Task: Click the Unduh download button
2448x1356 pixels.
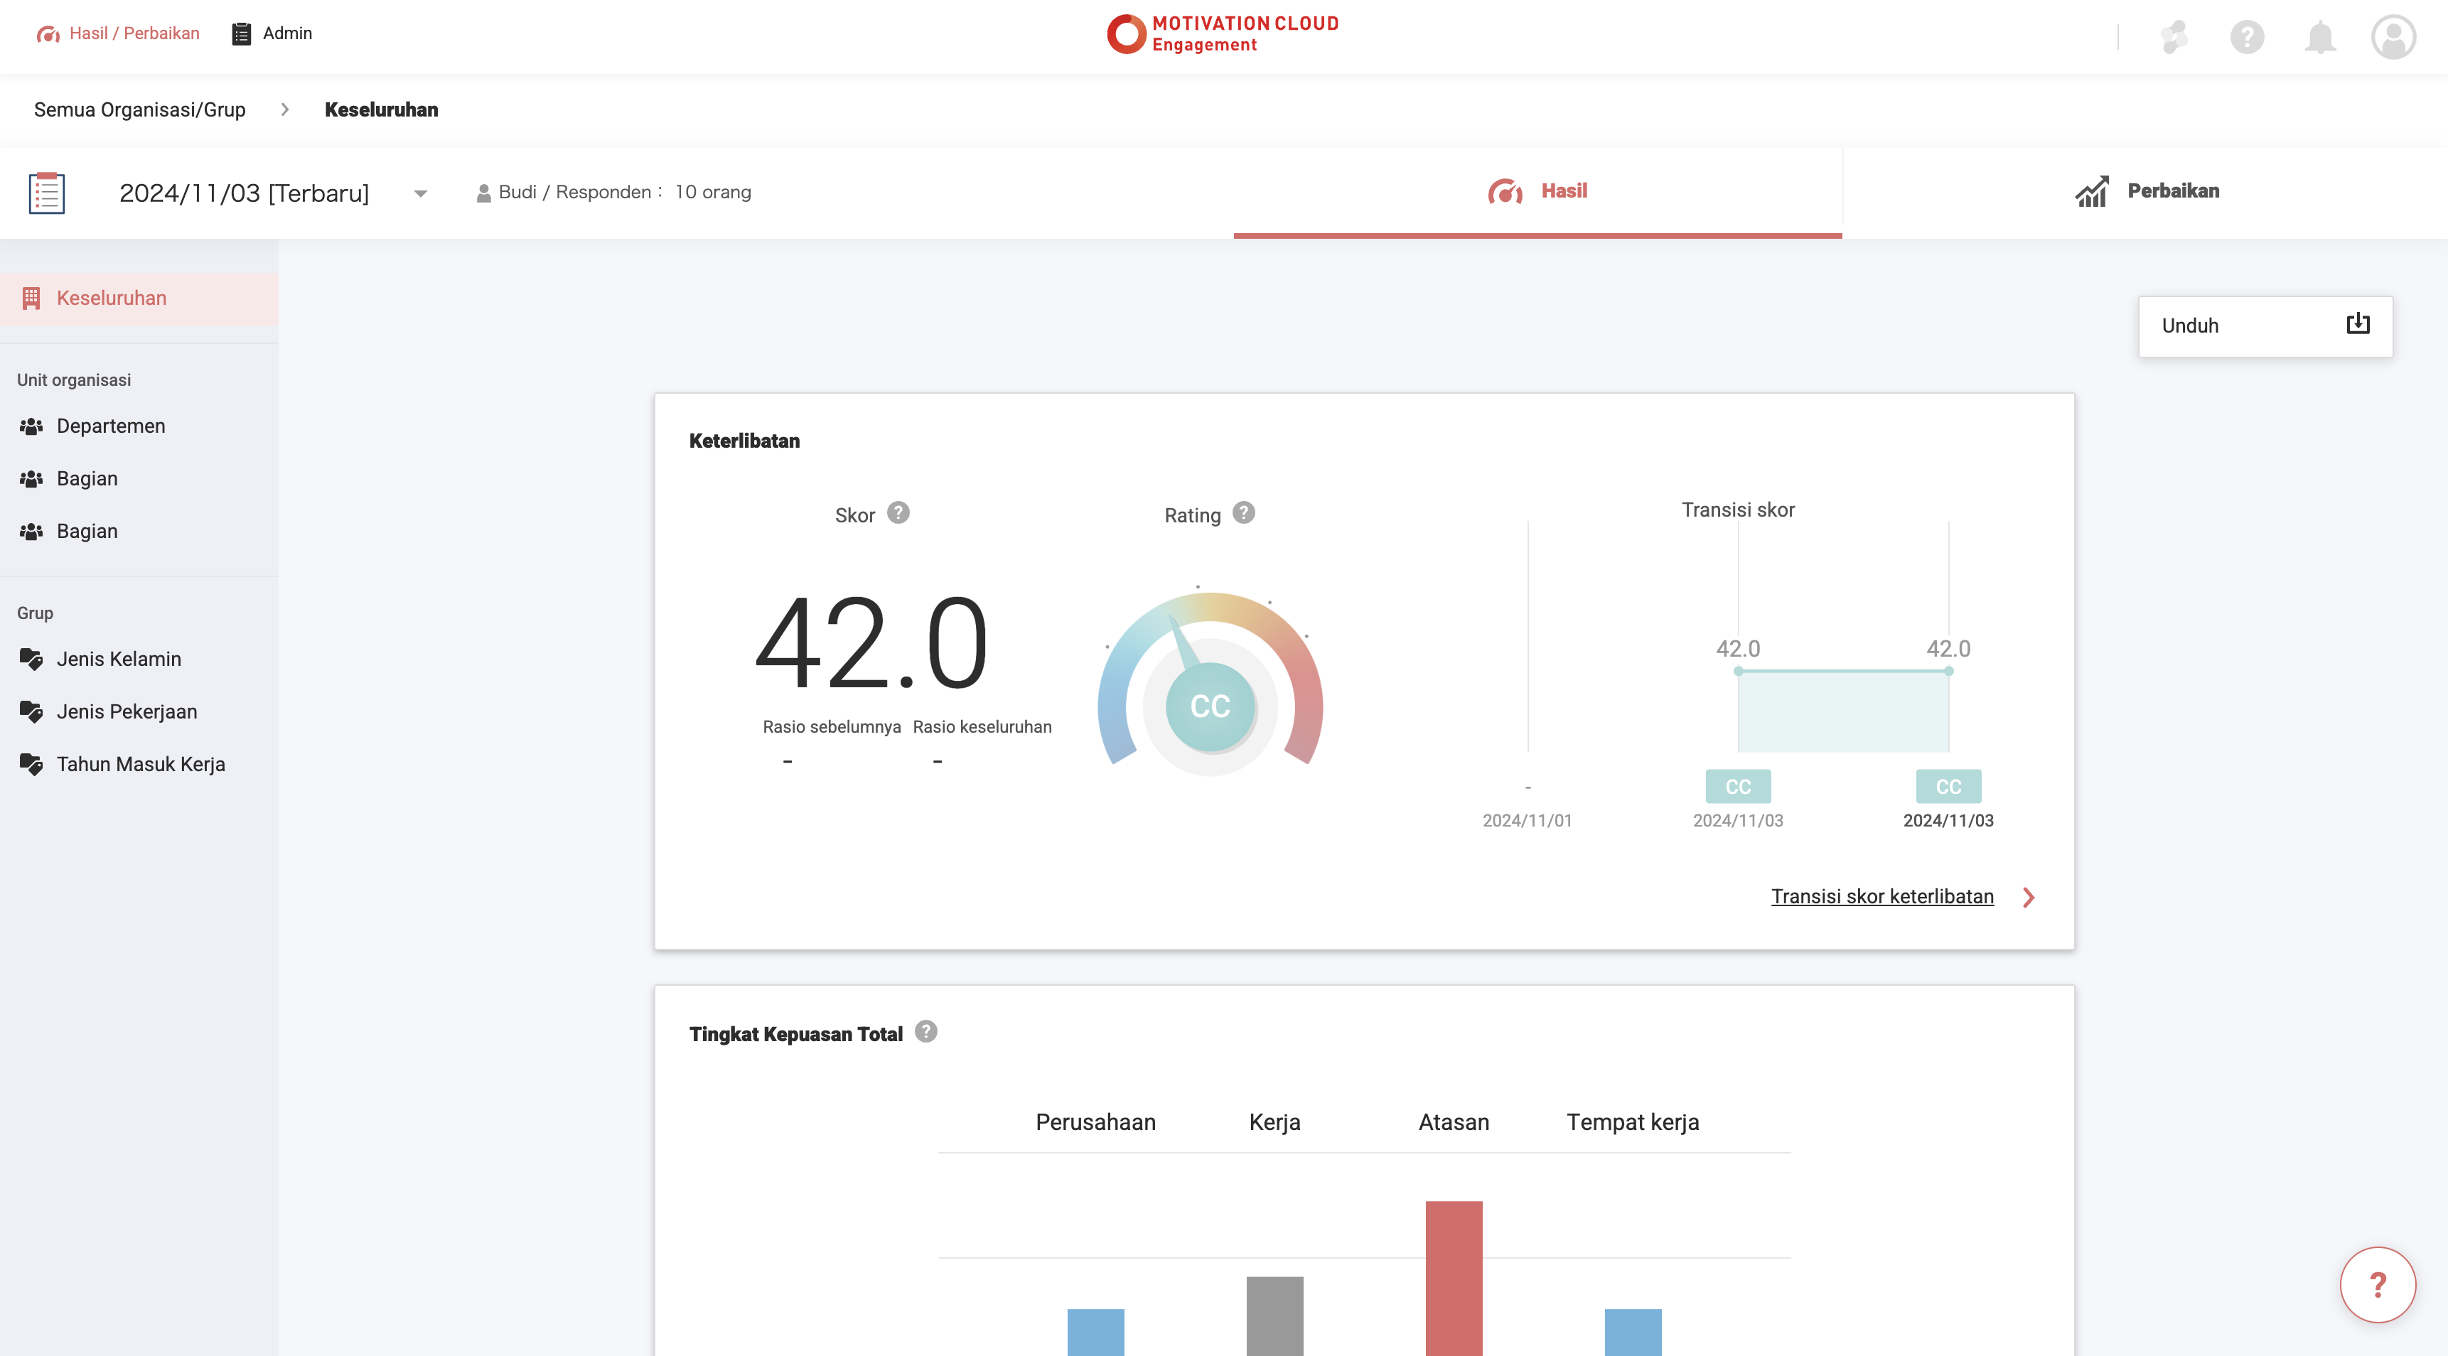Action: pos(2265,326)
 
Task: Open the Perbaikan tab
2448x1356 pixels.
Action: pos(2146,191)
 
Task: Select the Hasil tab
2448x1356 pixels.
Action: pos(1537,191)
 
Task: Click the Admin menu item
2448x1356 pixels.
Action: pos(273,33)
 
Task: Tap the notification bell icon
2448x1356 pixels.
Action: pos(2320,37)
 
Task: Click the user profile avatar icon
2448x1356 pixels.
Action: pos(2393,37)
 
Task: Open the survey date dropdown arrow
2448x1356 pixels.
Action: pos(420,194)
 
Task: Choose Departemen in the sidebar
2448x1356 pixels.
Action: pos(110,426)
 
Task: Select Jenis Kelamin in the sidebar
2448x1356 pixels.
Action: pos(118,659)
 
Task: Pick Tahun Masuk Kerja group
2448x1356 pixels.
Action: pos(141,764)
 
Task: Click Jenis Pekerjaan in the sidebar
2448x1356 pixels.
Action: pos(127,711)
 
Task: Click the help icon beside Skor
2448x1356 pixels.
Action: pos(898,513)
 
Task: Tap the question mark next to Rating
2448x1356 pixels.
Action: pos(1243,513)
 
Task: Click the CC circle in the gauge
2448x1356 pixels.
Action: pos(1210,706)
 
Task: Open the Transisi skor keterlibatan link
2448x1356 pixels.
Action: pos(1881,896)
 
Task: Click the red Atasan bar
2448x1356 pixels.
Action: pos(1453,1278)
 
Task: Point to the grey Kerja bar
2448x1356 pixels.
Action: pos(1274,1315)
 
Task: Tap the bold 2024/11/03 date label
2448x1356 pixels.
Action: pos(1948,820)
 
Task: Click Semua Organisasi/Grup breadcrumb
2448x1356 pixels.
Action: pos(140,109)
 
